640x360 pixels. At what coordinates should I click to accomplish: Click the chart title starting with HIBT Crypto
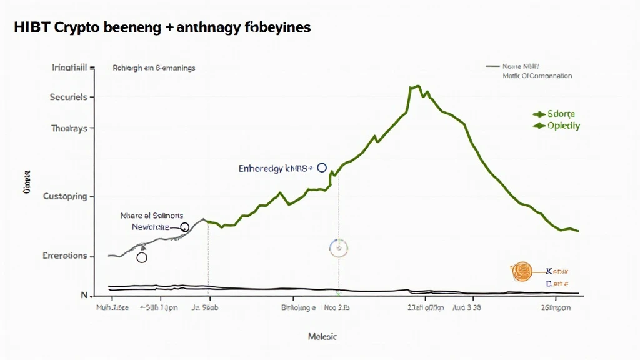[x=161, y=27]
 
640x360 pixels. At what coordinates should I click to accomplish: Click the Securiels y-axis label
[x=68, y=97]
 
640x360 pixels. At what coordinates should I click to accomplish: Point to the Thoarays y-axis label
[x=69, y=128]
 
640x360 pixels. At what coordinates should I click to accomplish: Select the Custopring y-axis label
[x=64, y=197]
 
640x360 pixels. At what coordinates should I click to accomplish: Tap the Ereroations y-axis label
[x=64, y=256]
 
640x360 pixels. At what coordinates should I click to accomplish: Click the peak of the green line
[x=412, y=87]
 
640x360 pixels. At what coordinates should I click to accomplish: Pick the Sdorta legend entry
[x=561, y=114]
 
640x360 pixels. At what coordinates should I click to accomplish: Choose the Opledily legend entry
[x=563, y=126]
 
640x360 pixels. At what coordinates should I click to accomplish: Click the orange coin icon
[x=521, y=271]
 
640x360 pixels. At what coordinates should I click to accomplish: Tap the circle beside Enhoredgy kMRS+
[x=322, y=167]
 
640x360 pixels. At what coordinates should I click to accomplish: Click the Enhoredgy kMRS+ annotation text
[x=276, y=168]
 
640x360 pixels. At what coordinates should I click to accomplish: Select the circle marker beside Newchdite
[x=184, y=227]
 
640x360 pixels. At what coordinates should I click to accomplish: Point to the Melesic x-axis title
[x=322, y=337]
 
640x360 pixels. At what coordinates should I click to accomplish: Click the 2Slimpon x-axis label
[x=555, y=308]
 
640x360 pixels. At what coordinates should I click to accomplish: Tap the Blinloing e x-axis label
[x=298, y=308]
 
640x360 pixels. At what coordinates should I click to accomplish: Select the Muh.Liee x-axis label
[x=112, y=308]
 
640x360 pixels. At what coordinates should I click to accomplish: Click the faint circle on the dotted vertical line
[x=338, y=248]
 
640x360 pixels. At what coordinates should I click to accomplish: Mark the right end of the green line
[x=578, y=231]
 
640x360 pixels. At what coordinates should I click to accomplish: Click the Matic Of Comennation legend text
[x=537, y=76]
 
